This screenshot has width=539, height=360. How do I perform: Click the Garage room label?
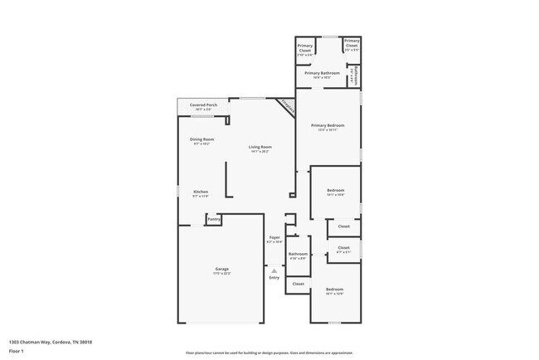coord(222,269)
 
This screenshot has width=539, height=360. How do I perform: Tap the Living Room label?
coord(261,147)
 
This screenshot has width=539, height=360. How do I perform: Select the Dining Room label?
coord(203,139)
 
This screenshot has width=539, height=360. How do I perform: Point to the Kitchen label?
coord(201,192)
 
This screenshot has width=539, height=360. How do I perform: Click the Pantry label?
coord(214,219)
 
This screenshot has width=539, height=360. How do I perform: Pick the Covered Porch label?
coord(203,105)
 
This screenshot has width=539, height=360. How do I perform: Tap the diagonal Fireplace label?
coord(287,106)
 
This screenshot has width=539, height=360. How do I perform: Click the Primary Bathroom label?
coord(322,73)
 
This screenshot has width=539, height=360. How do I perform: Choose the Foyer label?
coord(274,237)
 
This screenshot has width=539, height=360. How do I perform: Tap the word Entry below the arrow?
coord(274,277)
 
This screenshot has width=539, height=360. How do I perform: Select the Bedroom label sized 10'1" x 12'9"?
coord(334,289)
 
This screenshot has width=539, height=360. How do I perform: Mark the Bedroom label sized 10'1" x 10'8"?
coord(334,192)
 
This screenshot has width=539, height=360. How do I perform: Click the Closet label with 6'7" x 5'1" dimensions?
coord(343,248)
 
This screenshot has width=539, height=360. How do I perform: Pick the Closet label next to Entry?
coord(298,284)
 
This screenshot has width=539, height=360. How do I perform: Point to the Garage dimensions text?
coord(222,274)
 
